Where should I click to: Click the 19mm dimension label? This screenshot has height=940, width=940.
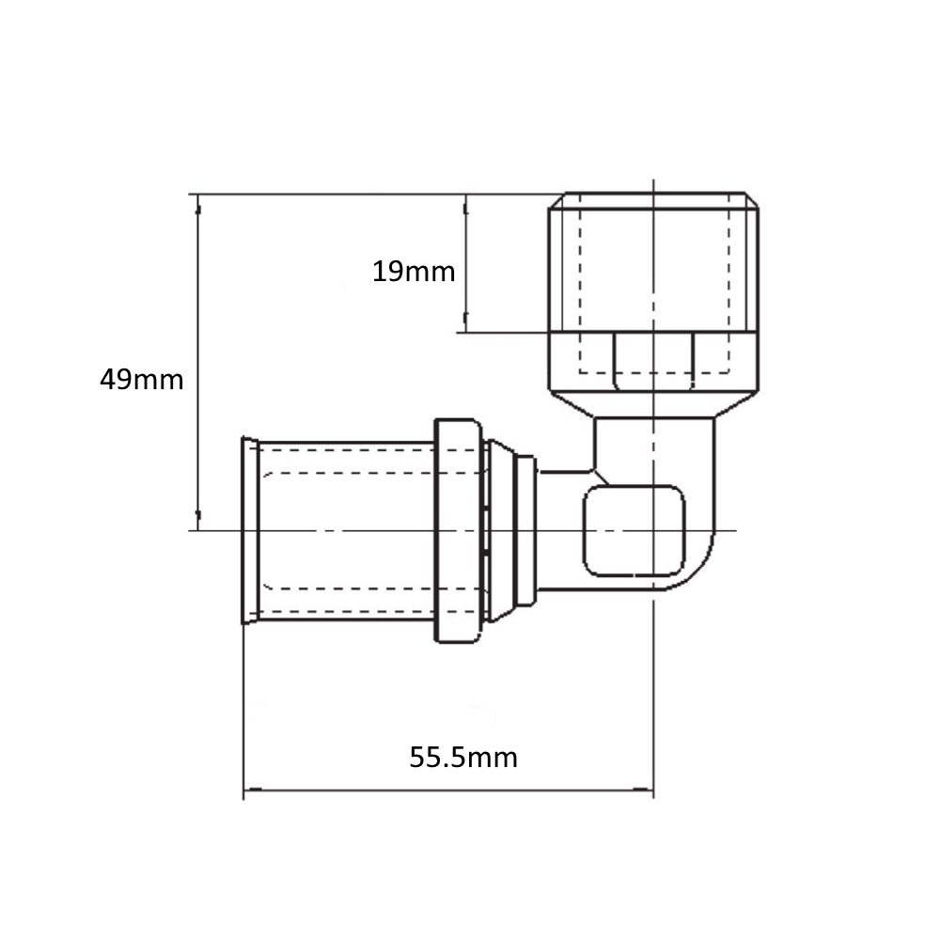414,272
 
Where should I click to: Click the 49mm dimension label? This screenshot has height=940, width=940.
142,380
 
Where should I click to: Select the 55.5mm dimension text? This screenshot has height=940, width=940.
463,757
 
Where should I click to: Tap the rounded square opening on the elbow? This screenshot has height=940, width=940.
634,530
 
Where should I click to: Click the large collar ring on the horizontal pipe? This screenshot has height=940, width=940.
458,530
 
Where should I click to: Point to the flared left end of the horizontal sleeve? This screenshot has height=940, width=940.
249,530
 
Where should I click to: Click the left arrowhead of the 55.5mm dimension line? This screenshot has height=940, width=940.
252,791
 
